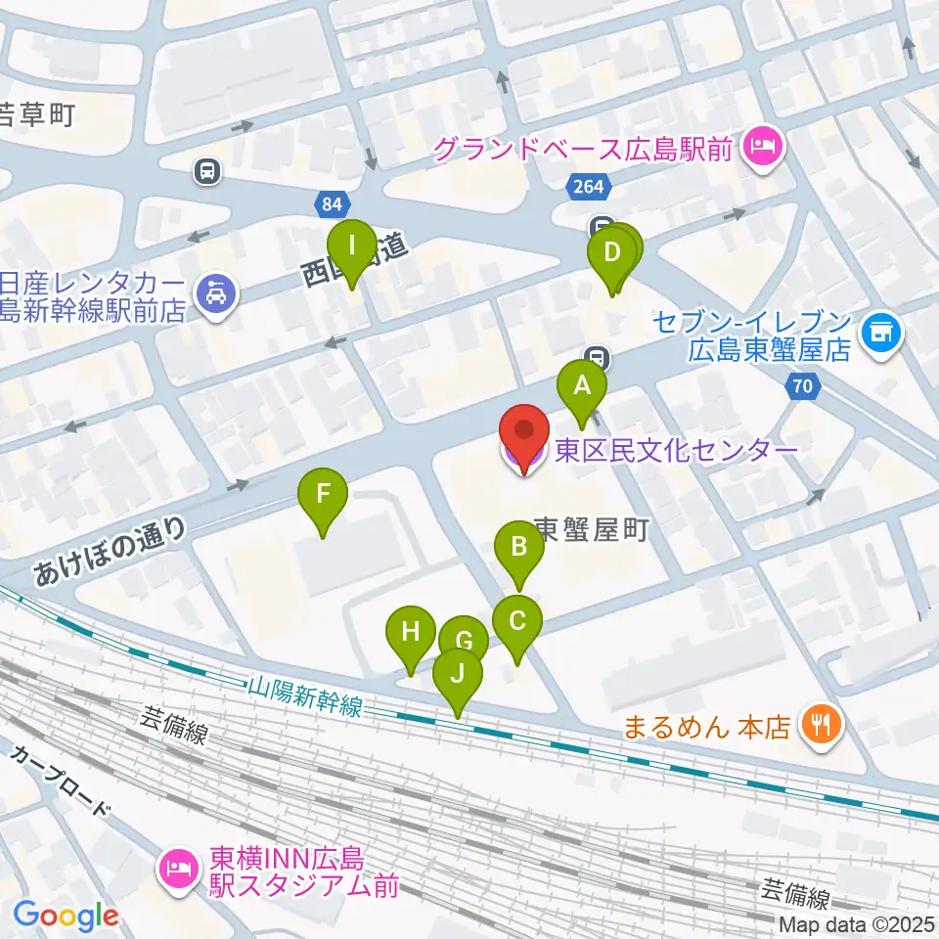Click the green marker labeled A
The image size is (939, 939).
coord(582,385)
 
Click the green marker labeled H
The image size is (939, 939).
coord(410,632)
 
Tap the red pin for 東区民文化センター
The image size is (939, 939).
coord(523,433)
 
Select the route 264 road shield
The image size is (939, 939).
coord(588,186)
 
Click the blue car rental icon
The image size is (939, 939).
coord(213,294)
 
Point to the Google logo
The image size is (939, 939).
coord(66,916)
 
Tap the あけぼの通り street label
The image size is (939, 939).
coord(110,554)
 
